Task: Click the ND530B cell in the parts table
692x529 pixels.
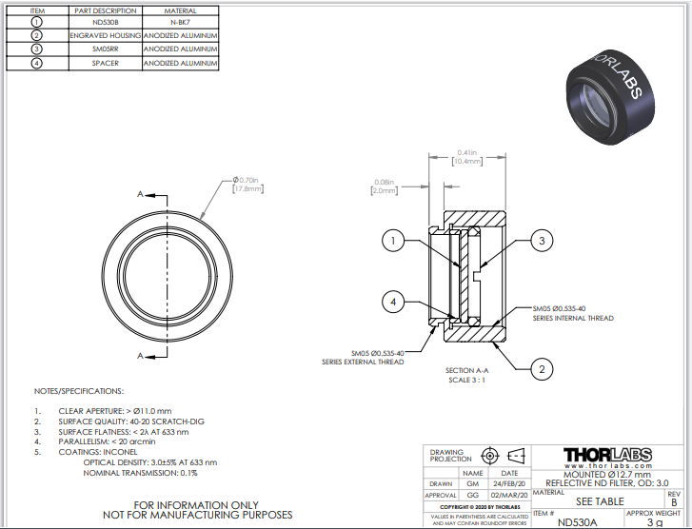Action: click(x=105, y=20)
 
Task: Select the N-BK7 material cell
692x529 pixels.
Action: click(x=179, y=20)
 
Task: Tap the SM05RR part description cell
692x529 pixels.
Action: click(x=105, y=49)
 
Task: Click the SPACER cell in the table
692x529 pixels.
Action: click(x=105, y=63)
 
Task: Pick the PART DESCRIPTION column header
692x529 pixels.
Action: click(x=105, y=10)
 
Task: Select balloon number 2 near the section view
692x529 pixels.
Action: click(x=541, y=368)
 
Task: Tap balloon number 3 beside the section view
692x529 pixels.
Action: click(x=541, y=242)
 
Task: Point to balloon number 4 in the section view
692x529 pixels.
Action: click(x=391, y=302)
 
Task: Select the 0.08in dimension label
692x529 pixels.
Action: click(x=384, y=182)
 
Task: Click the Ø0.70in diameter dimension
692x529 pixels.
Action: click(x=247, y=179)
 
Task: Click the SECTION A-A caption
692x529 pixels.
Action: click(x=466, y=370)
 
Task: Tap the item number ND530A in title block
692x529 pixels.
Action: click(x=579, y=521)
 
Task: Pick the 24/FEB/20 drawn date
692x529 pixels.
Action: click(x=509, y=483)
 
